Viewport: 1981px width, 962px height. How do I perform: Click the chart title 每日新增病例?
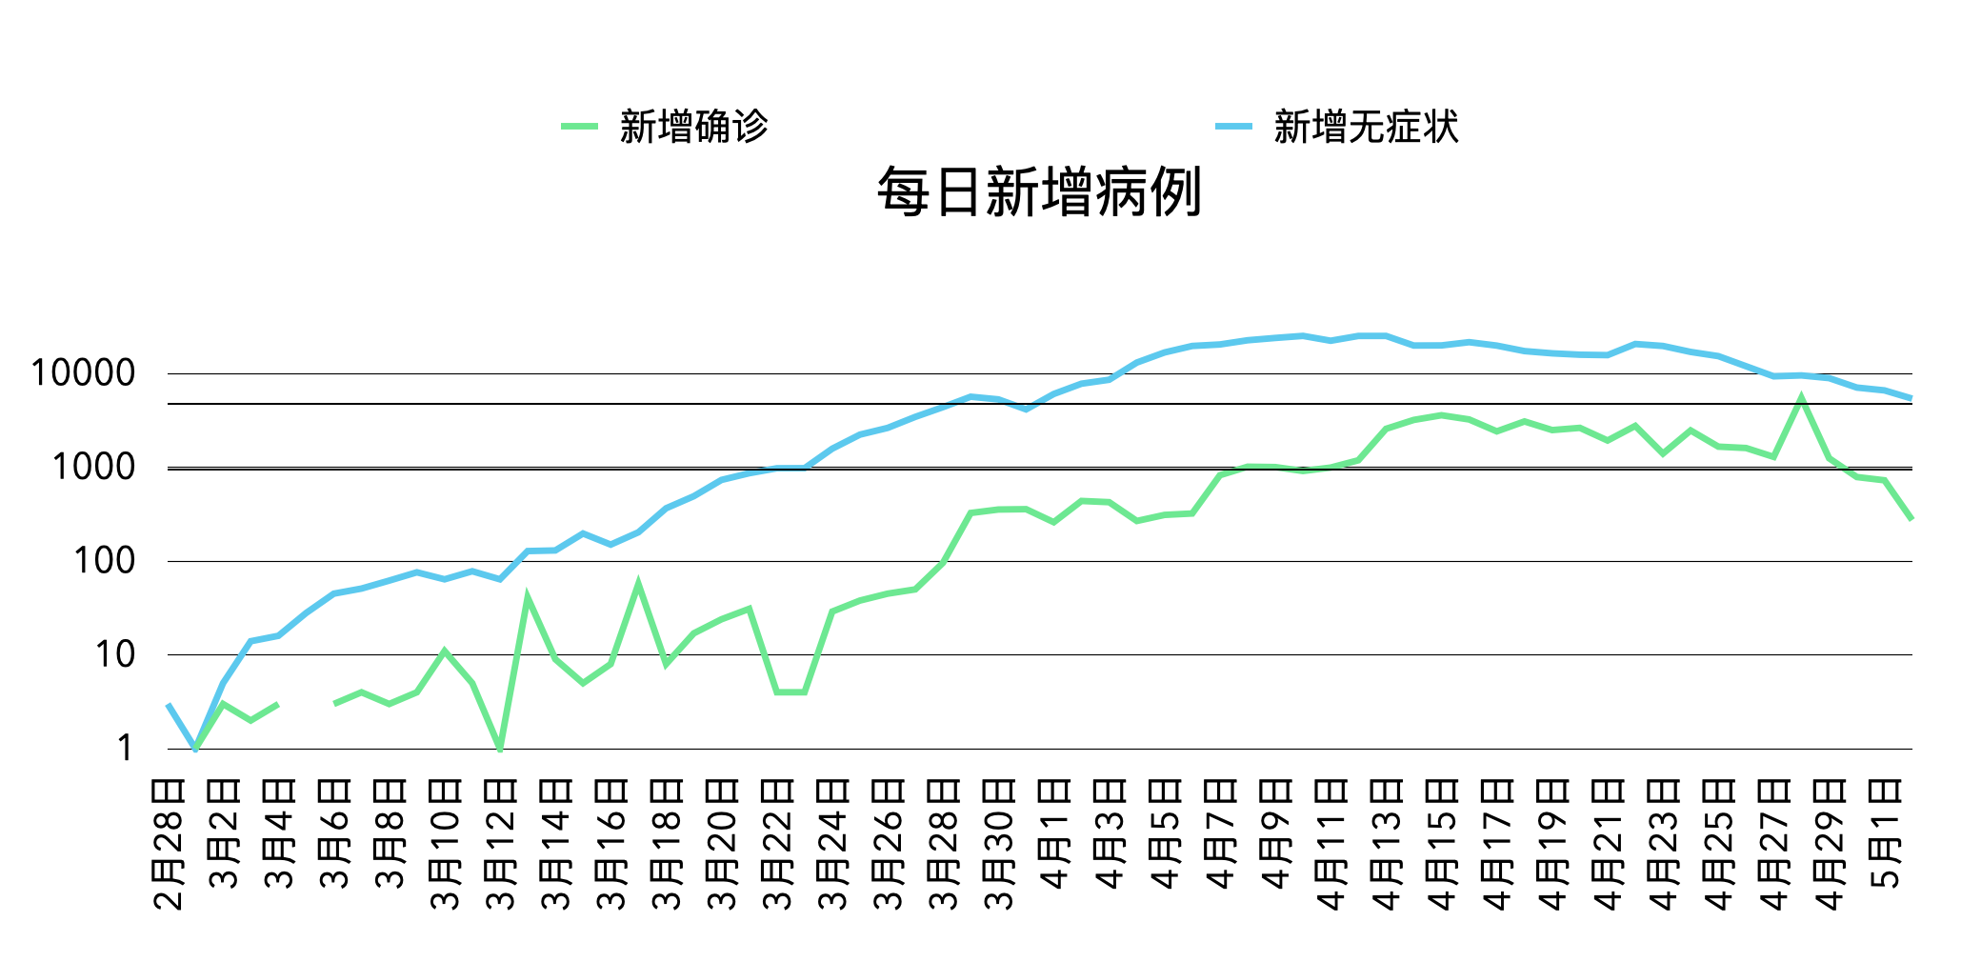tap(1039, 191)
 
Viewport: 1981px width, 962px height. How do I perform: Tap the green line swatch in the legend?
tap(579, 127)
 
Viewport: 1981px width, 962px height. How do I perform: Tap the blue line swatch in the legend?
tap(1233, 127)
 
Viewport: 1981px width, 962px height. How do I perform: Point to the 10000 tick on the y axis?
tap(83, 373)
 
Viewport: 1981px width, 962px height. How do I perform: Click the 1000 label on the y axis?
tap(93, 468)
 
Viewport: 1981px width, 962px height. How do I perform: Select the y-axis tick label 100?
tap(104, 561)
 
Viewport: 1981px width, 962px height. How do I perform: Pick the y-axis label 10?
tap(114, 655)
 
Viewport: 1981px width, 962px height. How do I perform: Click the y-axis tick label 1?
tap(125, 749)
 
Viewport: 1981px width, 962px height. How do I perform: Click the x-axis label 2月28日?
tap(169, 844)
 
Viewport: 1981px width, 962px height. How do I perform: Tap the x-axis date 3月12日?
tap(501, 844)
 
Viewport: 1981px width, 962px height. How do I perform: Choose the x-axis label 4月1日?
tap(1054, 833)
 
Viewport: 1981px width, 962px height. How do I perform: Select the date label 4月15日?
tap(1442, 844)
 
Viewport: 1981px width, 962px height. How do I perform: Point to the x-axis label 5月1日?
tap(1885, 833)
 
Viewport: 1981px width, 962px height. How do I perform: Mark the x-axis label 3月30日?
tap(999, 844)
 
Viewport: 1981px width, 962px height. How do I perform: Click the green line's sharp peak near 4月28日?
tap(1801, 398)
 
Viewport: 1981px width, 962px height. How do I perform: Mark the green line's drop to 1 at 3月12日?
tap(501, 749)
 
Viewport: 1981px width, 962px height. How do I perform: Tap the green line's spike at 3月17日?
tap(638, 584)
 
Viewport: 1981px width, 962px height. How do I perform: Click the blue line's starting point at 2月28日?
tap(169, 705)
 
